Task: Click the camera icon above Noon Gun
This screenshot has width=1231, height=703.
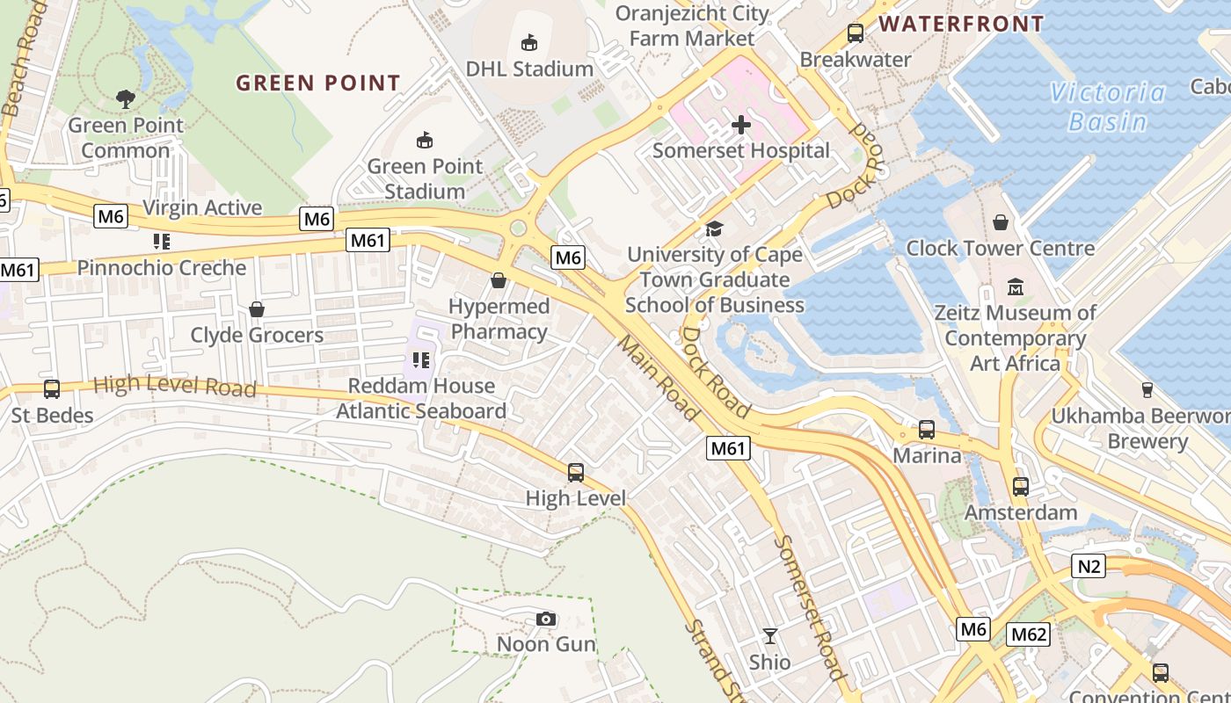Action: coord(546,619)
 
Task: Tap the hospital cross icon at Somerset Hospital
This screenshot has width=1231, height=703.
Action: coord(741,125)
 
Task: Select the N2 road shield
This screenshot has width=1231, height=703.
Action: coord(1089,566)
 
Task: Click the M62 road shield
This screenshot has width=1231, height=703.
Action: coord(1029,634)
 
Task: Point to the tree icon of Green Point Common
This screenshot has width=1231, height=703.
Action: coord(126,99)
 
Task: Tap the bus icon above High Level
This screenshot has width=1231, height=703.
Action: coord(576,473)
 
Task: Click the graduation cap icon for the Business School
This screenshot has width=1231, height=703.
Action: coord(714,229)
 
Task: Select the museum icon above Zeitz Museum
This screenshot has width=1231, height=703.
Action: coord(1016,287)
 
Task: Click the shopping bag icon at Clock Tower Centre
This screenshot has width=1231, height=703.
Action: coord(1000,222)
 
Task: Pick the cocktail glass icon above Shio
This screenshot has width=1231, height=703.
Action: coord(770,636)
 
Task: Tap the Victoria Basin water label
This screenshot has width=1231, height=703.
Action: coord(1107,106)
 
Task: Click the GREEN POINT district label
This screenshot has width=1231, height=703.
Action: coord(318,83)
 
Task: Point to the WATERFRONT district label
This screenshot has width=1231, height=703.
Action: coord(961,24)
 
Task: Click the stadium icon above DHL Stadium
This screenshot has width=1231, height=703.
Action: coord(529,42)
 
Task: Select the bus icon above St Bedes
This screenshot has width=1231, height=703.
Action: coord(52,389)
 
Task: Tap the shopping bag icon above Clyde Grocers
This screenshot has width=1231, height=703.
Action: coord(257,309)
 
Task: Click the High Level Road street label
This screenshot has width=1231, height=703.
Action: coord(174,385)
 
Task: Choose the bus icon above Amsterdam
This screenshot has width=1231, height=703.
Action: coord(1021,487)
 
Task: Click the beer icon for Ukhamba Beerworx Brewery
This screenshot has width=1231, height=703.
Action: coord(1147,389)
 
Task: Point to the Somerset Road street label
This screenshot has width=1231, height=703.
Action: coord(810,607)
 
